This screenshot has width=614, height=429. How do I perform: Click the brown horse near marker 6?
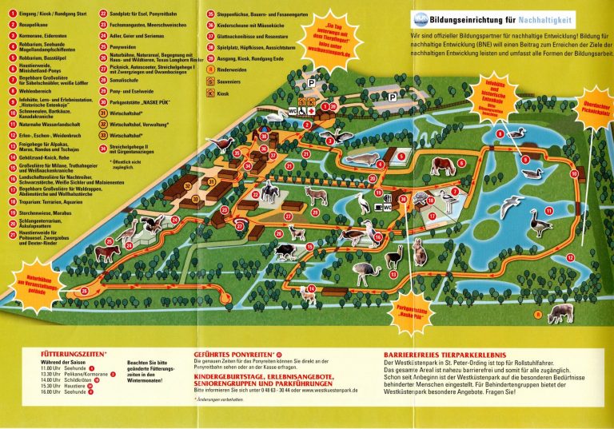[x=445, y=166]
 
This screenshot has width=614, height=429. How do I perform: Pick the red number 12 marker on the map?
[x=568, y=258]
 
